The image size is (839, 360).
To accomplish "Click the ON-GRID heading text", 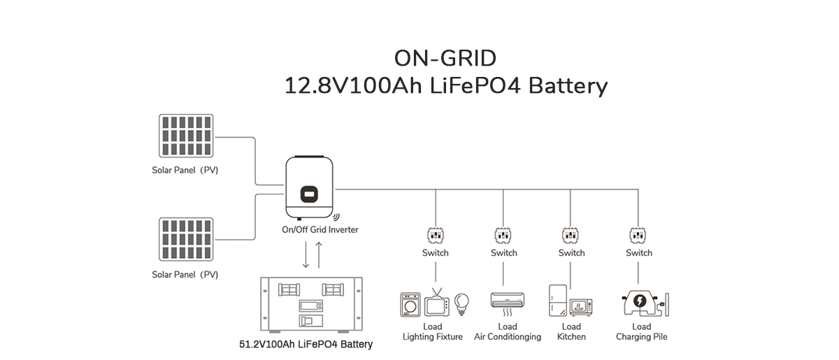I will [x=445, y=57].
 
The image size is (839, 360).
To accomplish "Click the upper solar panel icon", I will [x=185, y=136].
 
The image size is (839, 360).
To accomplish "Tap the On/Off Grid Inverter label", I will [x=320, y=229].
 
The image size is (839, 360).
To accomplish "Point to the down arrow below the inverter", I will [x=306, y=256].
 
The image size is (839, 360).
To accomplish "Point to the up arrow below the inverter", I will [x=320, y=256].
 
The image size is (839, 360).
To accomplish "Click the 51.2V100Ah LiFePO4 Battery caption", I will [x=306, y=344].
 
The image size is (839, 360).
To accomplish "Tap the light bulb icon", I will [x=461, y=303].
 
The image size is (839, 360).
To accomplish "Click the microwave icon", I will [x=582, y=308].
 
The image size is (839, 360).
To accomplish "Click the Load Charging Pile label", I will [x=641, y=331].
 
